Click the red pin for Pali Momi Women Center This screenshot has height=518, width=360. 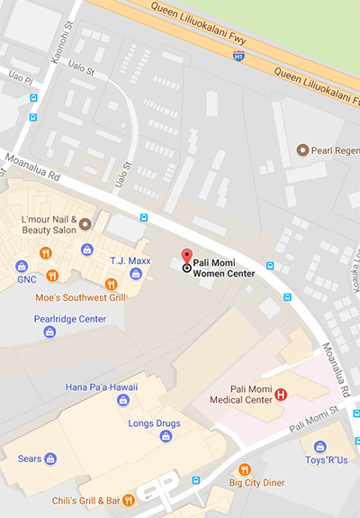coord(187,257)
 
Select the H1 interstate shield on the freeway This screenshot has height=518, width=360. coord(238,56)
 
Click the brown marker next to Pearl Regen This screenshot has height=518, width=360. coord(303,150)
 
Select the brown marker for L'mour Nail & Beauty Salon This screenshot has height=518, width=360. coord(85,223)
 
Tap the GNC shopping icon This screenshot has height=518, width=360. coord(21,265)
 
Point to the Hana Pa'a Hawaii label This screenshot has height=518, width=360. coord(102,386)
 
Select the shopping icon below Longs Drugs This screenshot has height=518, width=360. coord(166,436)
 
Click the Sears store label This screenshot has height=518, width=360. coord(31,459)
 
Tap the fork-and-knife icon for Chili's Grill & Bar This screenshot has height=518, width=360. coord(129,498)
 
